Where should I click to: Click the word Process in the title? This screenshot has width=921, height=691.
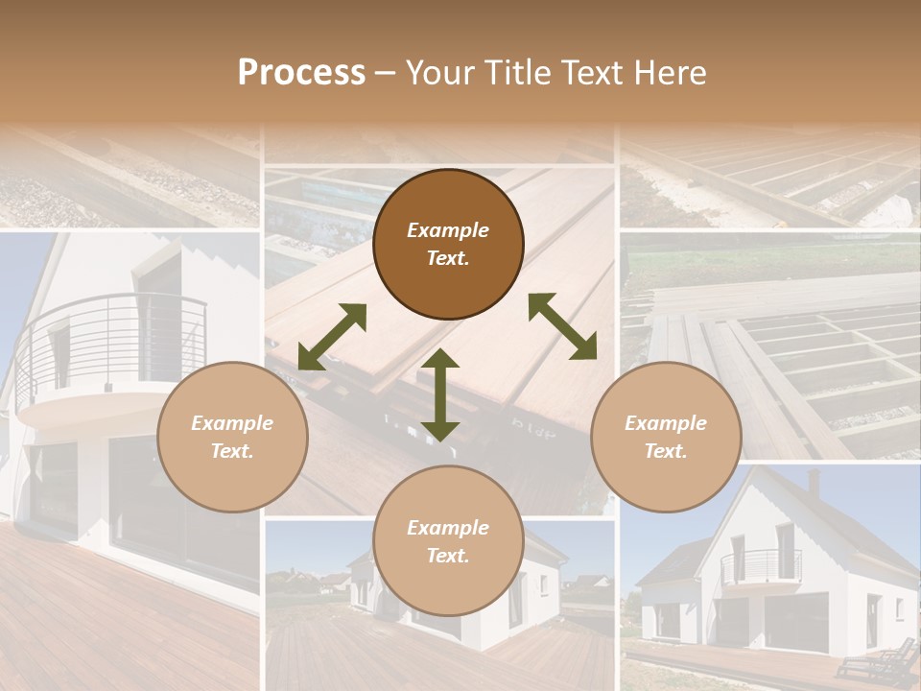(x=301, y=73)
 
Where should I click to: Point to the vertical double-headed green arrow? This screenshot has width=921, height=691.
(x=440, y=394)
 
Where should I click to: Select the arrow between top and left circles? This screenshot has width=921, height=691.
(x=332, y=337)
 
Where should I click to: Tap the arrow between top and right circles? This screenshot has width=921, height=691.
(x=562, y=326)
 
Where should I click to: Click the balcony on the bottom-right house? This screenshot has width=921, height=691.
(x=761, y=566)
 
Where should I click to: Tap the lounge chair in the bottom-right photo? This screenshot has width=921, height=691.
(x=878, y=661)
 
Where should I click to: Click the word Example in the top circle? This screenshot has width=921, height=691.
(x=448, y=230)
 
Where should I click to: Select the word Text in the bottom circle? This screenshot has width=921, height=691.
(x=448, y=556)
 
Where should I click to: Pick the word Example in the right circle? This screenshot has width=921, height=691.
(x=666, y=423)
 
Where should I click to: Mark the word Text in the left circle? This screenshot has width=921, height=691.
(x=232, y=451)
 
